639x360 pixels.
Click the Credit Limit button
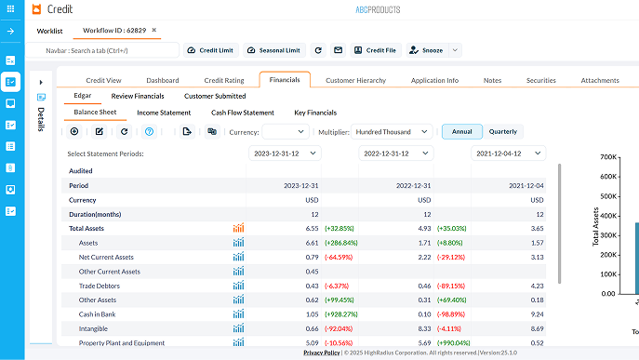pos(209,50)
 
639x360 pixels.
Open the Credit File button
pos(375,50)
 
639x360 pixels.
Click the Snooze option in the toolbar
pos(428,50)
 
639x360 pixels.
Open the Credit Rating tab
pos(224,81)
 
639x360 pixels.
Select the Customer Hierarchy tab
pos(355,81)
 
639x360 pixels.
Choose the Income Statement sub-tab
pos(164,113)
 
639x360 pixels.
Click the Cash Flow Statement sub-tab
pos(243,113)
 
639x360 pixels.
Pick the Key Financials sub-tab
pos(315,113)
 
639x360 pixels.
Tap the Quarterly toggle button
pos(502,131)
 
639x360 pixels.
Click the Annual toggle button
pos(461,131)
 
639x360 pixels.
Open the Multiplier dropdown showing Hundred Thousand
pos(392,132)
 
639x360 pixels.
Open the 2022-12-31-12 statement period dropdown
pos(396,153)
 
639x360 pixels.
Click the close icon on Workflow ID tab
pos(154,31)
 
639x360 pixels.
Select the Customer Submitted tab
pos(215,96)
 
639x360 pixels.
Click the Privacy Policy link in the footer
pos(322,353)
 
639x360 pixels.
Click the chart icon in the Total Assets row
pos(238,228)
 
